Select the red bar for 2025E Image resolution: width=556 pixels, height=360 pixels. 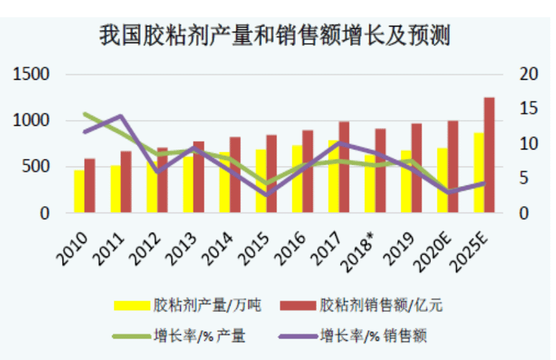click(489, 154)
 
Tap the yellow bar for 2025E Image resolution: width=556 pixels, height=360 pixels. click(478, 172)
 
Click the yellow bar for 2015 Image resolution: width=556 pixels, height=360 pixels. click(261, 181)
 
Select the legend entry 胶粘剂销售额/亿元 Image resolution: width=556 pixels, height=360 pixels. click(381, 305)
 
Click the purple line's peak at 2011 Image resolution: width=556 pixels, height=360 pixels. click(121, 116)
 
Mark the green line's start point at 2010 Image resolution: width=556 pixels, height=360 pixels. click(85, 114)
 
